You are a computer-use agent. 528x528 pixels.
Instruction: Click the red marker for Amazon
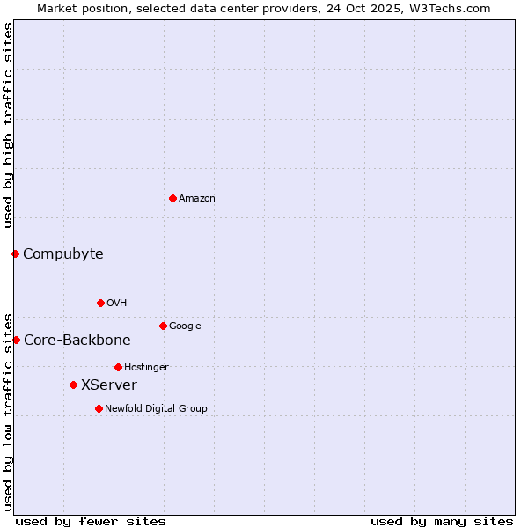click(172, 198)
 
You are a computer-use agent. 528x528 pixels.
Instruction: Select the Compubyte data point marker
click(15, 253)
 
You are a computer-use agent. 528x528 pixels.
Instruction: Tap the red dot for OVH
click(100, 303)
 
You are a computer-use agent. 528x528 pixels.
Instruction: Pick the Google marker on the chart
click(163, 326)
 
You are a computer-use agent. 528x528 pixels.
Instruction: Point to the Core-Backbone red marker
click(16, 340)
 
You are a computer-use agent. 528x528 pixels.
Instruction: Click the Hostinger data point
click(118, 367)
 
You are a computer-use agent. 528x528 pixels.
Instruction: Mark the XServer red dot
click(73, 385)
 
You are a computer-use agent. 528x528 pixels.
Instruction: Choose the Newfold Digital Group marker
click(99, 408)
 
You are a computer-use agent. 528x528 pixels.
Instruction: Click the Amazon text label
click(197, 199)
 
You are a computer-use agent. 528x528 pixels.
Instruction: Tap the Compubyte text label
click(62, 254)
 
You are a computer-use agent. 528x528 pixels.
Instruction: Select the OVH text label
click(117, 304)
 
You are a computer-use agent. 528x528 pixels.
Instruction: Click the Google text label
click(185, 326)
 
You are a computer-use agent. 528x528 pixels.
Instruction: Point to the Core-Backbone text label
click(77, 341)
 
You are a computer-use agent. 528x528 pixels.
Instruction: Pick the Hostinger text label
click(146, 368)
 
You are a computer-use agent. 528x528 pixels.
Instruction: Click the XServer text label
click(109, 385)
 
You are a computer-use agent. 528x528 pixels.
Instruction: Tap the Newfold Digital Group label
click(156, 409)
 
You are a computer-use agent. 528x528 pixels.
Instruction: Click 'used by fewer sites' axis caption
click(91, 521)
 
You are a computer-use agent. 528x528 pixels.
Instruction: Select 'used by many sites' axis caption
click(442, 521)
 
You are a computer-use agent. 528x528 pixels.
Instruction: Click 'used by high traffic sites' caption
click(9, 125)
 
